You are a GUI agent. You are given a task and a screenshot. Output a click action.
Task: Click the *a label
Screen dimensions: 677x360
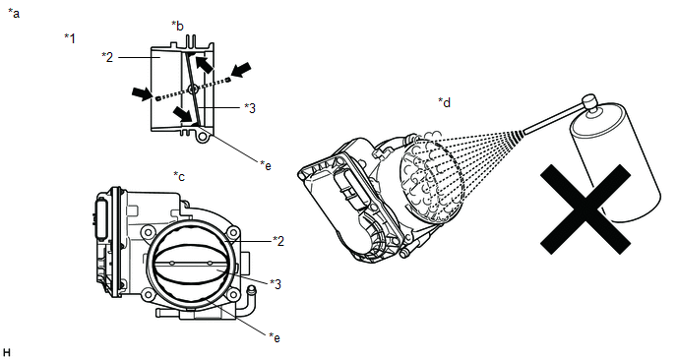pyautogui.click(x=14, y=14)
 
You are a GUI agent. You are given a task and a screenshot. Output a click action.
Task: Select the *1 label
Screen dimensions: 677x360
pyautogui.click(x=70, y=38)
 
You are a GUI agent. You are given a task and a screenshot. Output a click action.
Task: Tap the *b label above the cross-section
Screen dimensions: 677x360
pyautogui.click(x=177, y=26)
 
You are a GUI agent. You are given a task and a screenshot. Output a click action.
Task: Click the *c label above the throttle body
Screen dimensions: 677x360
pyautogui.click(x=179, y=176)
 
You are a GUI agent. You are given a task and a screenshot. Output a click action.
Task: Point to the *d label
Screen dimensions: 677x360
pyautogui.click(x=445, y=102)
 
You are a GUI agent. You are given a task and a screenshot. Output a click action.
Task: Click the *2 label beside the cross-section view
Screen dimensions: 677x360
pyautogui.click(x=107, y=56)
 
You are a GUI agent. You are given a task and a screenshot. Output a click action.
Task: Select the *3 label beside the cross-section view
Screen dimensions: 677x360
pyautogui.click(x=250, y=108)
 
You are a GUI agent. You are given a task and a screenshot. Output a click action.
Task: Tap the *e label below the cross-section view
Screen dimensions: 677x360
pyautogui.click(x=266, y=165)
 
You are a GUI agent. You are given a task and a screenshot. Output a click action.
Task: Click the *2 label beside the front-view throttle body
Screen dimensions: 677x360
pyautogui.click(x=278, y=241)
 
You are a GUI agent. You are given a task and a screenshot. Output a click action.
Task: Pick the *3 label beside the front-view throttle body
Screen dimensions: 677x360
pyautogui.click(x=276, y=284)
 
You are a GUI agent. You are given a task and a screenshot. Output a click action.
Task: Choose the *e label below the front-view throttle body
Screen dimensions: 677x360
pyautogui.click(x=275, y=337)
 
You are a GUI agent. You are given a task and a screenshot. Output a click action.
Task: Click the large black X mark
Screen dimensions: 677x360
pyautogui.click(x=585, y=209)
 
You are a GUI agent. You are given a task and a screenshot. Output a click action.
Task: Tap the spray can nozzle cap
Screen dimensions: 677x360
pyautogui.click(x=589, y=103)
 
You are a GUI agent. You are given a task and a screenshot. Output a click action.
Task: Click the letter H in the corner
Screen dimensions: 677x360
pyautogui.click(x=7, y=353)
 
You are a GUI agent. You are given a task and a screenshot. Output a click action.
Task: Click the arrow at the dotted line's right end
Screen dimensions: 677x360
pyautogui.click(x=241, y=70)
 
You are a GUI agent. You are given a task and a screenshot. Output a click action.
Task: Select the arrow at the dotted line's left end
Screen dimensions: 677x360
pyautogui.click(x=142, y=93)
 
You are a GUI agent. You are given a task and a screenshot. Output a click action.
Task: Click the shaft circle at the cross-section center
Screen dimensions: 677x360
pyautogui.click(x=193, y=90)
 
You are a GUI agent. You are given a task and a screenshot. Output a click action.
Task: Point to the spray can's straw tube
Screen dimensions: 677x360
pyautogui.click(x=554, y=118)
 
